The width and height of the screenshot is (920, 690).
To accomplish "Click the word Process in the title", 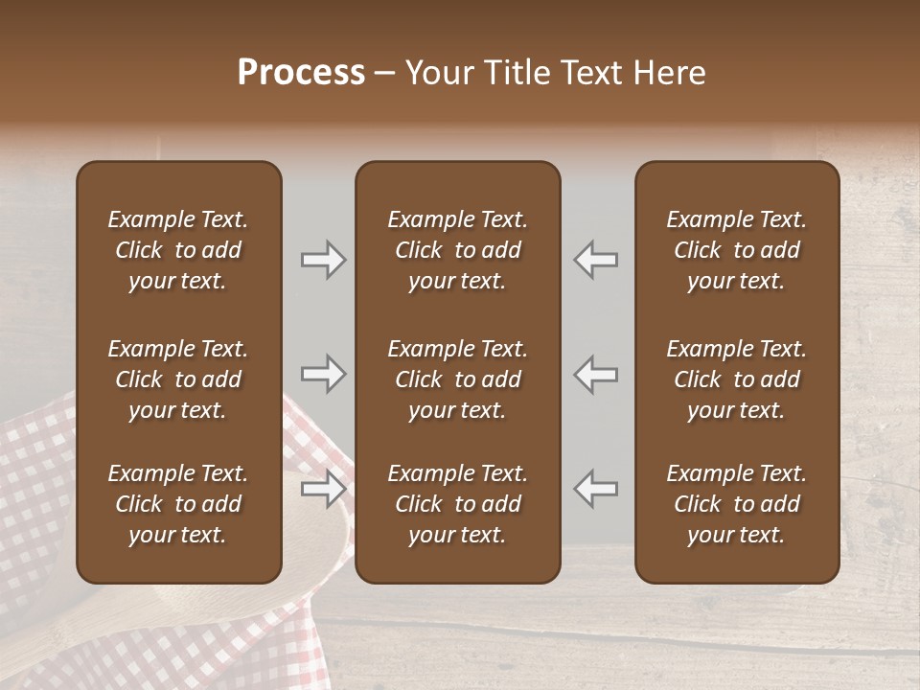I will click(x=301, y=73).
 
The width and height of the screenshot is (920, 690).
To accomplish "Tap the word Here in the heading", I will click(x=667, y=73).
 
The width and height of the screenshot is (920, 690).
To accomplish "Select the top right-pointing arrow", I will click(x=323, y=260).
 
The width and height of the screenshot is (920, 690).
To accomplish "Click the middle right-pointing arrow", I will click(x=323, y=374).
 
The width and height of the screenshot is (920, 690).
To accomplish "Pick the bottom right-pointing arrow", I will click(x=323, y=489).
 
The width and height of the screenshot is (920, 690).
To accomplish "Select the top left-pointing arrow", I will click(x=596, y=260).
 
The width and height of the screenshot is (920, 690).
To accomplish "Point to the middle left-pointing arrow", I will click(x=596, y=374).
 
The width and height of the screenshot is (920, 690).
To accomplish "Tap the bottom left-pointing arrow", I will click(x=596, y=489).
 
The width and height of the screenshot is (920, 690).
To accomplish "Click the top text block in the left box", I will click(x=178, y=250).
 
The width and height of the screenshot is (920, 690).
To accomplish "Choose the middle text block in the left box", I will click(x=178, y=379).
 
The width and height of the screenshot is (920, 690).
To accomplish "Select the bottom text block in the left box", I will click(x=178, y=504).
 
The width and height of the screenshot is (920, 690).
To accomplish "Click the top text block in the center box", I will click(x=458, y=250).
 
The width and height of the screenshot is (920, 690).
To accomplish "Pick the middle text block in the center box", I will click(x=458, y=379).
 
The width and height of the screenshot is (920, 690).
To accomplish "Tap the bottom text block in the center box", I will click(x=458, y=504).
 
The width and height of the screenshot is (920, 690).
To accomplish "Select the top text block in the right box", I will click(x=737, y=250).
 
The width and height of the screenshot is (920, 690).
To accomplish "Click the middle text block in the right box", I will click(x=737, y=379).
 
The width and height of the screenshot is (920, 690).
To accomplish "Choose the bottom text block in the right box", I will click(x=737, y=504).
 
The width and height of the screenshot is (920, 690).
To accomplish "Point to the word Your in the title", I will click(x=436, y=73).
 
